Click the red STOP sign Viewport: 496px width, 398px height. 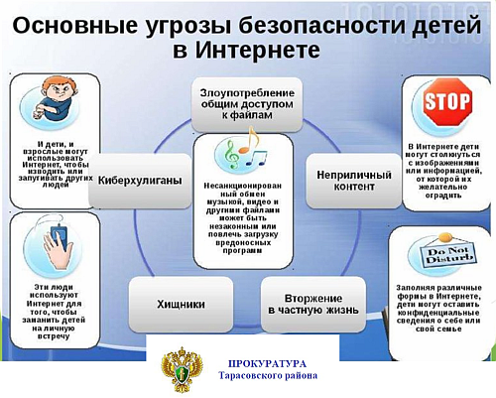447,102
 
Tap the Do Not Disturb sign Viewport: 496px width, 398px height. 448,253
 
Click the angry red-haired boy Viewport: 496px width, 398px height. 53,98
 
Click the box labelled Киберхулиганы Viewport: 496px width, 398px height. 140,181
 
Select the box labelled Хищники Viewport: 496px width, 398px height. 181,304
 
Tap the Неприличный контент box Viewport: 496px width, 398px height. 354,181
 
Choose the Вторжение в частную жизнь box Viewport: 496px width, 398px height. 313,304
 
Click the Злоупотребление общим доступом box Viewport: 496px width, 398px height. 247,104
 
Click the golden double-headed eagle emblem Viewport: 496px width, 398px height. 182,369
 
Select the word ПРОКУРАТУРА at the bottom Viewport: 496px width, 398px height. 267,364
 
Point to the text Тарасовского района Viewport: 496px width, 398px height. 268,376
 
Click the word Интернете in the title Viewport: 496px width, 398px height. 257,50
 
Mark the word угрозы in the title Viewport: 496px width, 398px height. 187,27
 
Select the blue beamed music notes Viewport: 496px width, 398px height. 256,158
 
